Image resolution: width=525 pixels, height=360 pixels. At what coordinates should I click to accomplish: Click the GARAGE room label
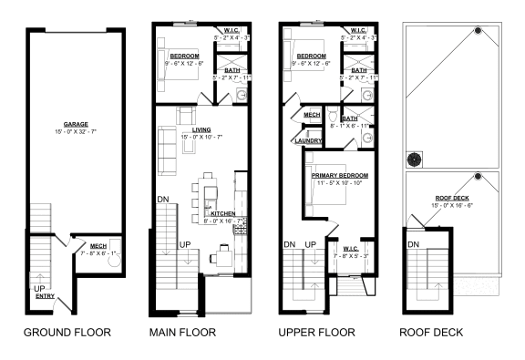click(76, 124)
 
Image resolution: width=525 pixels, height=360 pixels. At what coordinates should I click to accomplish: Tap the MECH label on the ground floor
click(98, 245)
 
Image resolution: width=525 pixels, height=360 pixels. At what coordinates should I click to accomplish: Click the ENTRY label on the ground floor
click(45, 296)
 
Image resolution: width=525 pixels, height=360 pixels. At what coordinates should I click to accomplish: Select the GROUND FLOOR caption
click(67, 333)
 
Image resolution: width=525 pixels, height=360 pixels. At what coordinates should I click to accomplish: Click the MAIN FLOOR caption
click(182, 333)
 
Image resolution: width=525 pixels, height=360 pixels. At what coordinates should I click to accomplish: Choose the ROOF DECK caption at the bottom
click(436, 333)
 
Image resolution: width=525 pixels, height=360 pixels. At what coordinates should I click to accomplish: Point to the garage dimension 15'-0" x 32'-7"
click(76, 132)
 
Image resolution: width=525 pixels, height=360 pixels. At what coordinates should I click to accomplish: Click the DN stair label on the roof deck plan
click(414, 244)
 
